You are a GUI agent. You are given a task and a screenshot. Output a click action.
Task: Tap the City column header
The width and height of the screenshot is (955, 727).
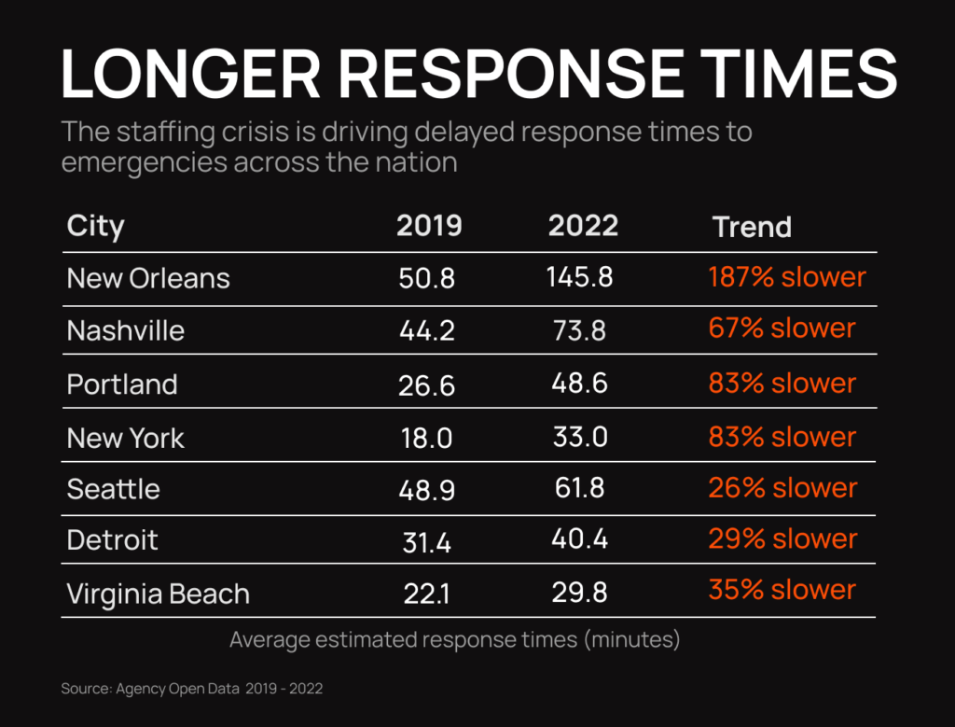(x=95, y=227)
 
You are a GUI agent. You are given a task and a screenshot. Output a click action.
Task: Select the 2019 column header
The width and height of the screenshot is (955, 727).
(x=429, y=227)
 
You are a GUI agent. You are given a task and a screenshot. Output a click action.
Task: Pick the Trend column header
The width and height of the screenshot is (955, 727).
(x=752, y=227)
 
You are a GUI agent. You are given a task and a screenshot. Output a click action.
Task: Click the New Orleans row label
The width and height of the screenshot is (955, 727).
(x=148, y=278)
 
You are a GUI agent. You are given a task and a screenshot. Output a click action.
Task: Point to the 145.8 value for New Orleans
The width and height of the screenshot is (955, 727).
(x=581, y=277)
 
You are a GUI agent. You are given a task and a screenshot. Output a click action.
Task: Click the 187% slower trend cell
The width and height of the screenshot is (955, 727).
(x=787, y=277)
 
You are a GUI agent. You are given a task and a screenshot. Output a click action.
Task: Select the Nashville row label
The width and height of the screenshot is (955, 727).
(x=126, y=330)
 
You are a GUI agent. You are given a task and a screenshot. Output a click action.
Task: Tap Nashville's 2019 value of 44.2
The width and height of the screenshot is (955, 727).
(x=427, y=330)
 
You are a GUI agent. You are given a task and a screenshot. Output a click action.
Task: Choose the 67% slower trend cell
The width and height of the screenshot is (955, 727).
(x=782, y=329)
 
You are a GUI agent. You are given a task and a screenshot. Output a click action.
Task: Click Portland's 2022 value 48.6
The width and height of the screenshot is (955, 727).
(x=580, y=384)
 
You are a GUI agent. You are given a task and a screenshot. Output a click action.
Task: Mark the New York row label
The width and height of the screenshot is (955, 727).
(x=126, y=438)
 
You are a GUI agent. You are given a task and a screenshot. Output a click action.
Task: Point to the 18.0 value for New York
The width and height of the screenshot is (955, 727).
(x=427, y=438)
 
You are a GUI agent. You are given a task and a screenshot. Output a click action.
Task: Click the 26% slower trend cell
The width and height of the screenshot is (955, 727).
(x=782, y=488)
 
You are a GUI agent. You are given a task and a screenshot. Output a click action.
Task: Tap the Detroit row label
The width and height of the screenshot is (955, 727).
(x=113, y=539)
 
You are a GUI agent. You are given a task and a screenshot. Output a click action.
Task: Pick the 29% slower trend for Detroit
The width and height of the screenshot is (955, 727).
(x=782, y=538)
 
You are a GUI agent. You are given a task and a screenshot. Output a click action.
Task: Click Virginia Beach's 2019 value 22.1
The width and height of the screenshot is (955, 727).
(x=427, y=594)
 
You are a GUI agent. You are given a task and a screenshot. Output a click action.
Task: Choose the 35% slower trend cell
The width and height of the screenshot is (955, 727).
(x=782, y=590)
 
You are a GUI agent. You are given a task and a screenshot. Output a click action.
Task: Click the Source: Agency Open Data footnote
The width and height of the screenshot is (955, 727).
(x=192, y=689)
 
